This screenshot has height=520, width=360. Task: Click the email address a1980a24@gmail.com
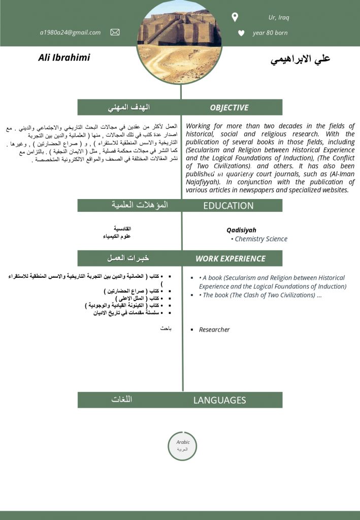pos(70,32)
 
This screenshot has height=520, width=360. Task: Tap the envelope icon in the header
pos(115,32)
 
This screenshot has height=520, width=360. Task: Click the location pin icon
pos(235,18)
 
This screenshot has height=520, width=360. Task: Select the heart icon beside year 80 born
pos(241,34)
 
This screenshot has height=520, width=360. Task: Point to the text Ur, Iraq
pos(278,18)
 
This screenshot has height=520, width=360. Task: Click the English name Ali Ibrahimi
pos(64,57)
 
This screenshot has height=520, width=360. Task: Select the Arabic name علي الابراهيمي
pos(300,59)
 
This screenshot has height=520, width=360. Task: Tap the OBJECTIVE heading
pos(229,108)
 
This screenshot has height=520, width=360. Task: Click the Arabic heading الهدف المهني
pos(129,108)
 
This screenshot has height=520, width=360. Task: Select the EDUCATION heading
pos(228,206)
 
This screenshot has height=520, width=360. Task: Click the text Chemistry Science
pos(261,239)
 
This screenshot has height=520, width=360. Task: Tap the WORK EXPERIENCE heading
pos(231,258)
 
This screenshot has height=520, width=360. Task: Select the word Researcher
pos(214,330)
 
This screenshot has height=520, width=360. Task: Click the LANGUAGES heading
pos(219,400)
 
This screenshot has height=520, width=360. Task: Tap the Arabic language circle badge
pos(182,446)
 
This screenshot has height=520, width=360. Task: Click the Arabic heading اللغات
pos(122,400)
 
